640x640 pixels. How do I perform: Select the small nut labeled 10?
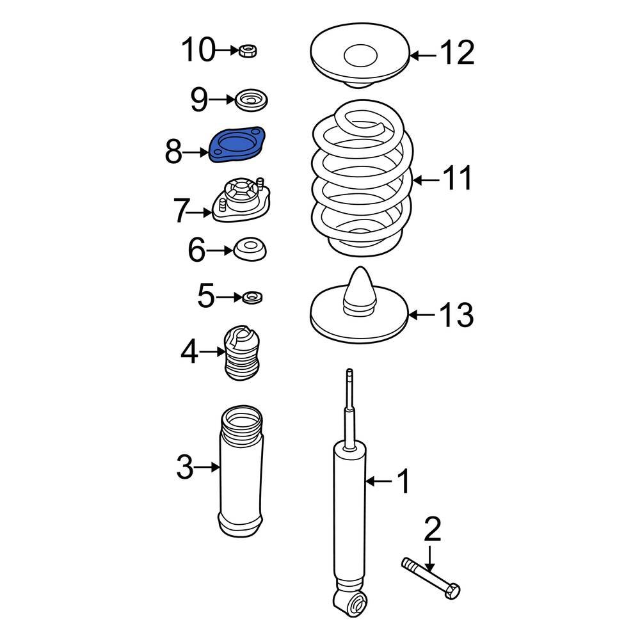point(248,50)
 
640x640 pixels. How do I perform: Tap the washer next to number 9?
point(251,100)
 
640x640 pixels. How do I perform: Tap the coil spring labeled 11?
point(362,179)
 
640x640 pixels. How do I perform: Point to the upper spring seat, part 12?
point(360,56)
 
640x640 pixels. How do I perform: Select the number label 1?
point(403,481)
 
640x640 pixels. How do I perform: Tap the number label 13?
point(456,315)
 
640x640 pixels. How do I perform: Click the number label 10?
point(198,50)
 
